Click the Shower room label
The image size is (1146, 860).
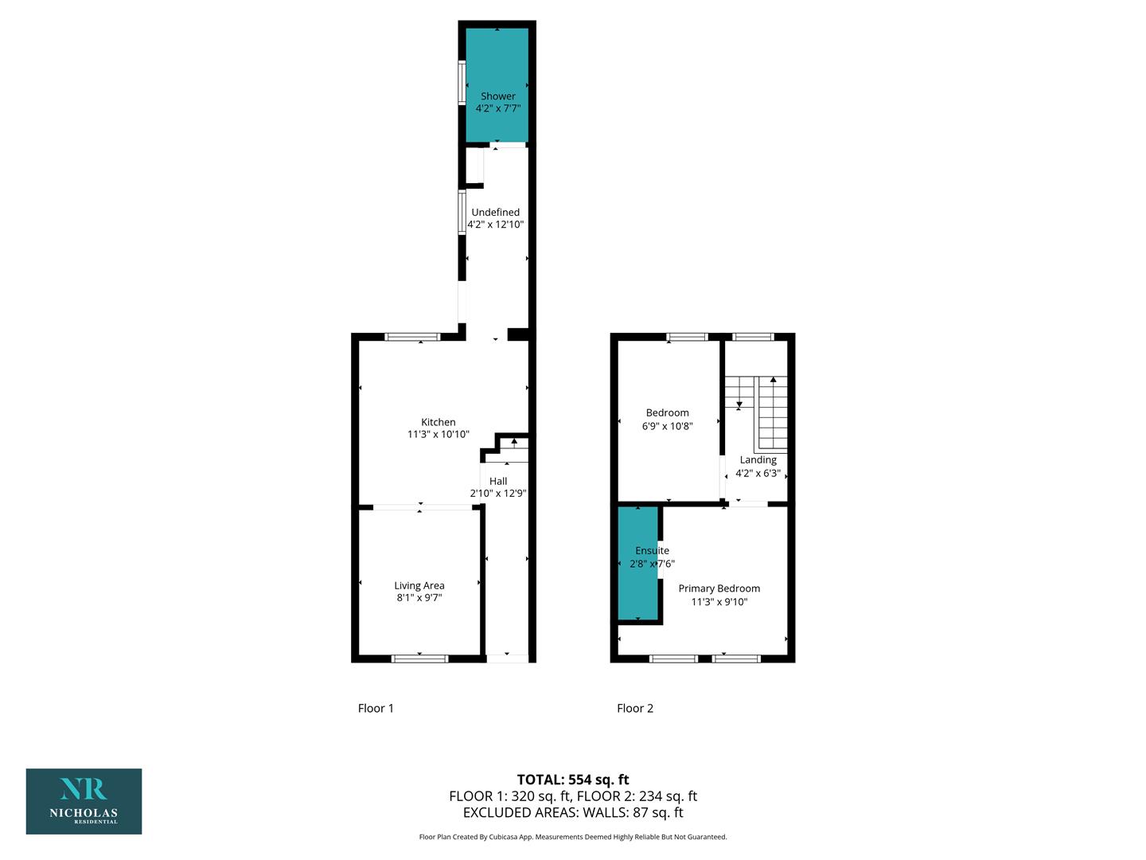(497, 96)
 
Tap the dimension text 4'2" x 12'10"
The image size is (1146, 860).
(495, 225)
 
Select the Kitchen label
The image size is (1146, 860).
(438, 422)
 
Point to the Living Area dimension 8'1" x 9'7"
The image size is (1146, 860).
(419, 597)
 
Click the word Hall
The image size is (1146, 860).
(498, 481)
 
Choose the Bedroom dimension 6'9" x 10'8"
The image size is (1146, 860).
(667, 426)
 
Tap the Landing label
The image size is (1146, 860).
(758, 460)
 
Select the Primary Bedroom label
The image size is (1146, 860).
(719, 588)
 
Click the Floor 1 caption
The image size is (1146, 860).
(376, 708)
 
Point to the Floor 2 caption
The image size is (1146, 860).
(635, 708)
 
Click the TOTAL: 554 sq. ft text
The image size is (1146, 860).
(573, 780)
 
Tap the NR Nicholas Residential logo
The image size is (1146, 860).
(84, 802)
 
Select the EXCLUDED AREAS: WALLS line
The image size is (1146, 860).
(573, 812)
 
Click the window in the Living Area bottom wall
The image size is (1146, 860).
(419, 659)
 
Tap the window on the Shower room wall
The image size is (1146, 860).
(462, 83)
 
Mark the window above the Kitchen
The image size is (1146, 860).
(412, 337)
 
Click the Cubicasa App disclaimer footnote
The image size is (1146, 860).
(573, 837)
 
